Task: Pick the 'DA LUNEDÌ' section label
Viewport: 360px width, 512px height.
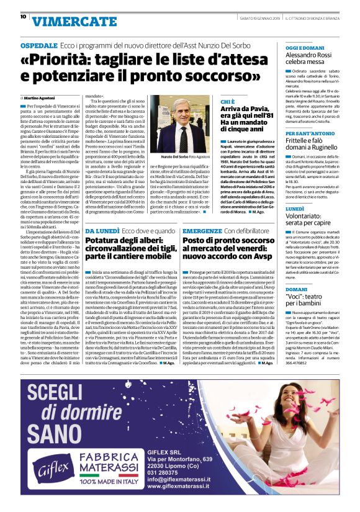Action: [101, 231]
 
